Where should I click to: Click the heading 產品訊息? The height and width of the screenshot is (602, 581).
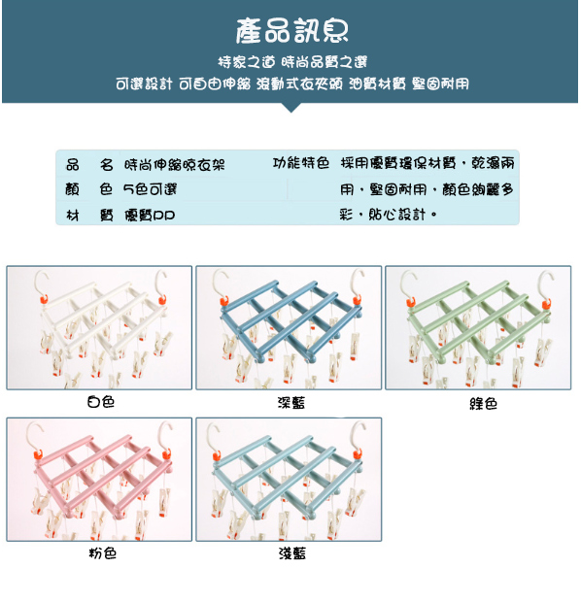pos(292,31)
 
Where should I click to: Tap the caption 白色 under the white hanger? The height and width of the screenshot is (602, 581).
pos(101,402)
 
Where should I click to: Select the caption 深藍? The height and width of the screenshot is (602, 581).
pos(291,403)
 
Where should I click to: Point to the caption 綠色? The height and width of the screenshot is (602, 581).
pos(484,404)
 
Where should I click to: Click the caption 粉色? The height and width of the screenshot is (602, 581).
pos(103,553)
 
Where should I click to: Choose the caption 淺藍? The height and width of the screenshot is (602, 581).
pos(292,553)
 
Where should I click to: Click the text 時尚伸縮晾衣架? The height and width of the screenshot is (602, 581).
pos(175,165)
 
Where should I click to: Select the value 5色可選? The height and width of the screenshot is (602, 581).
pos(150,189)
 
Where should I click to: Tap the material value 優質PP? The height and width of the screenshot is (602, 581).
pos(150,215)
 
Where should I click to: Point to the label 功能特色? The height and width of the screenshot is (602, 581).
pos(301,163)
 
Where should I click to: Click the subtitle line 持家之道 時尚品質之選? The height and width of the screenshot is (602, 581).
pos(292,62)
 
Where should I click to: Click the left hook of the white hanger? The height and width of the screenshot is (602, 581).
pos(41,283)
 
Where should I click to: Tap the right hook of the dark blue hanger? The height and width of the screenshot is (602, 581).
pos(358,282)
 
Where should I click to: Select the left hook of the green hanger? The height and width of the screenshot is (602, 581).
pos(407,283)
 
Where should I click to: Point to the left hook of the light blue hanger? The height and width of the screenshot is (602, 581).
pos(214,435)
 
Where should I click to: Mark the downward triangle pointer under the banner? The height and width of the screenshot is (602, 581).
pos(290,108)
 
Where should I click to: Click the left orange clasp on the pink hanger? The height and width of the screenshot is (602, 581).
pos(38,455)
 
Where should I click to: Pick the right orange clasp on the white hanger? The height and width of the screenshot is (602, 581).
pos(162,299)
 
